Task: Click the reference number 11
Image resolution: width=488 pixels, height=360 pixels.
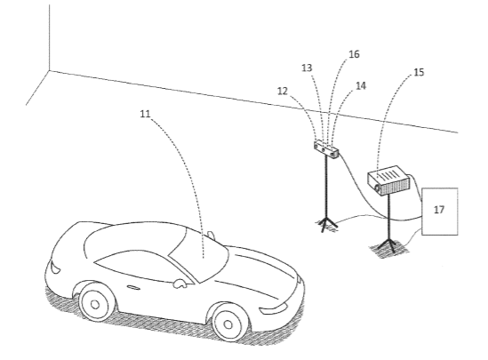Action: pos(145,114)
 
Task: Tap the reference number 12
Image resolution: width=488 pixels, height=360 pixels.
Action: pos(283,92)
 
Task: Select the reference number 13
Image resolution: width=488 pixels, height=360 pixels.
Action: pos(307,68)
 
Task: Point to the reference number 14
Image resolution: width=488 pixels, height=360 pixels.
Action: pos(361,85)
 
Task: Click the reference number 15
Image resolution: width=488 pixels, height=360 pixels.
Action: pos(419,72)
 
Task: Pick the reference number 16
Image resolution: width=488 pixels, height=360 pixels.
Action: pos(354,54)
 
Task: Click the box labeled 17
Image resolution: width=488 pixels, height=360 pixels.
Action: pos(439,212)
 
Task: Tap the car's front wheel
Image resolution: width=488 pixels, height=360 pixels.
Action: pos(228,324)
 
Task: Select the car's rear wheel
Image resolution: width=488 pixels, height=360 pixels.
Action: pos(95,304)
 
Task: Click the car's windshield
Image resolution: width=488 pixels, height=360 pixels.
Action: pos(199,255)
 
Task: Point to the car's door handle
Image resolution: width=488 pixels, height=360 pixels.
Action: pos(133,287)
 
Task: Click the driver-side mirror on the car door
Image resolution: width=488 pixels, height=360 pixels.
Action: pos(180,284)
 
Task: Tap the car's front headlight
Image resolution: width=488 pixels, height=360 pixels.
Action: pos(273,308)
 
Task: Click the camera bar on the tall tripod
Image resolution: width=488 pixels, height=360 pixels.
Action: pos(326,149)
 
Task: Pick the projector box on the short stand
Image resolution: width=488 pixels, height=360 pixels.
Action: pos(388,180)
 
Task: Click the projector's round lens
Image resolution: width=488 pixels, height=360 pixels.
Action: pos(378,188)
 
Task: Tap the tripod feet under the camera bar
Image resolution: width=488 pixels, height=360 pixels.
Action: pos(326,223)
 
